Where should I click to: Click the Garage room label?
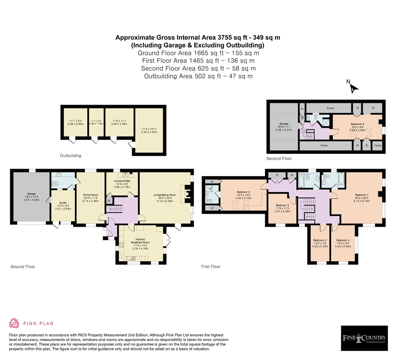click(31, 194)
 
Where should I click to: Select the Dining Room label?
click(91, 195)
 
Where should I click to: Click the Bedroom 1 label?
click(362, 195)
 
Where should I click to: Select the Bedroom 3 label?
click(282, 205)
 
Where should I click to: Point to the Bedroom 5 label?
click(320, 240)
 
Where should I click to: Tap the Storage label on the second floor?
click(284, 124)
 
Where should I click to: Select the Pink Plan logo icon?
click(14, 323)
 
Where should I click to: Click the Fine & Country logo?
click(364, 338)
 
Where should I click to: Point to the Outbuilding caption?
click(70, 156)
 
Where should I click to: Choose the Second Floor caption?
click(279, 159)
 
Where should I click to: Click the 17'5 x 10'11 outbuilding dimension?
click(149, 129)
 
